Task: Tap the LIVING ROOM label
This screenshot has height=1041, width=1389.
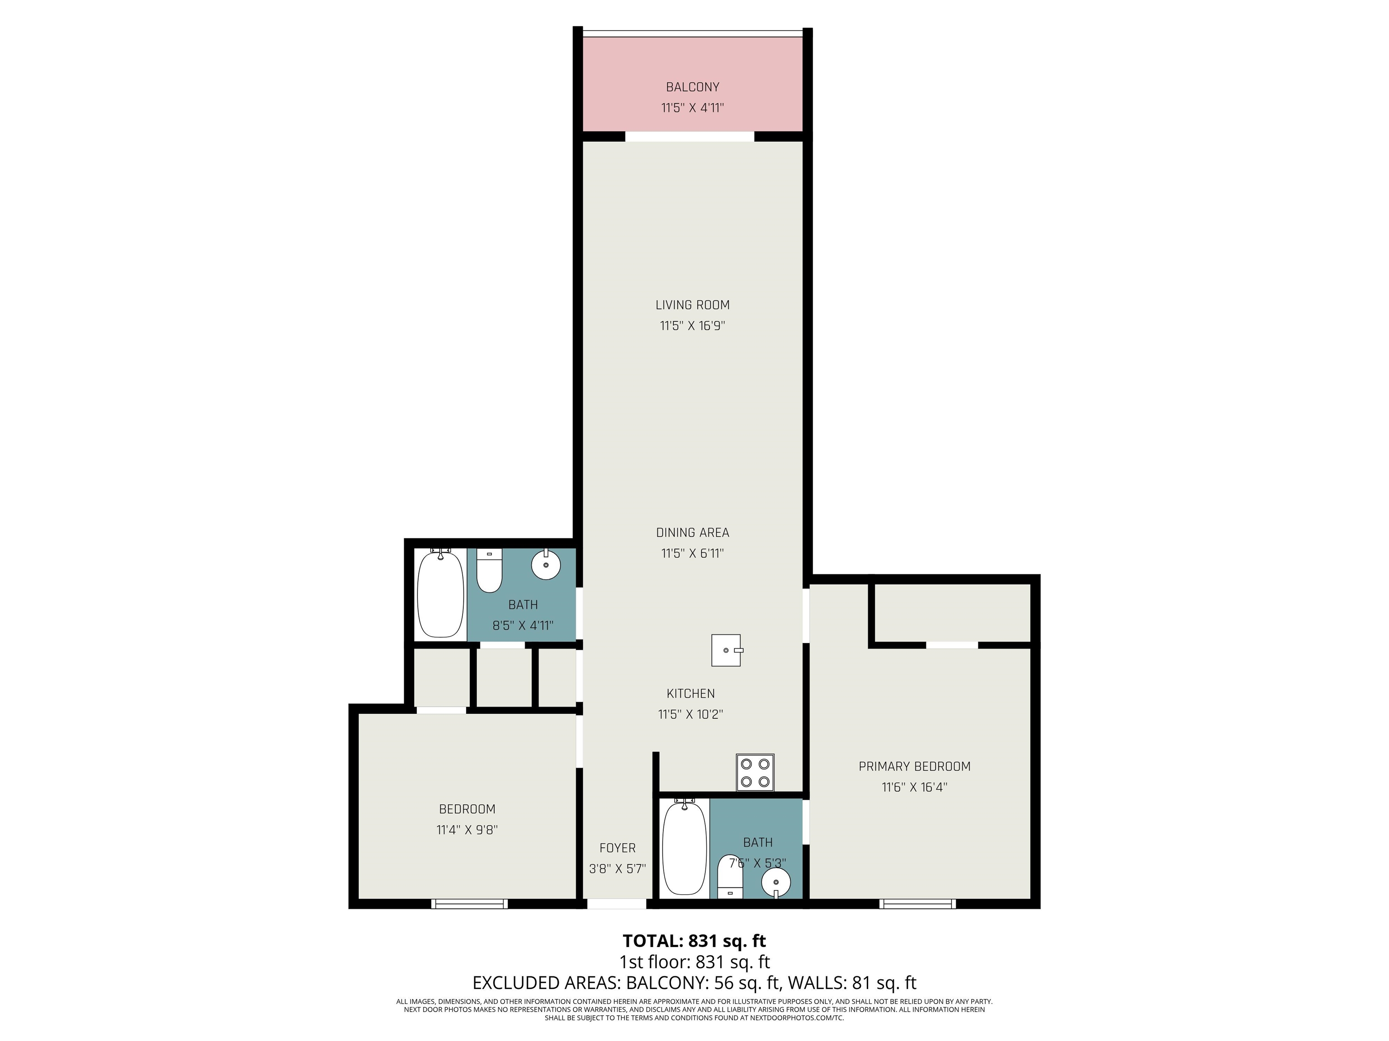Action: [x=693, y=305]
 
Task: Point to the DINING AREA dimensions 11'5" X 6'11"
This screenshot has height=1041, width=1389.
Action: [x=693, y=553]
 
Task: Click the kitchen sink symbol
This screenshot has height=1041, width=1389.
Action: [x=727, y=650]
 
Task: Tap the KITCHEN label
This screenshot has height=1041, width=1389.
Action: [x=691, y=694]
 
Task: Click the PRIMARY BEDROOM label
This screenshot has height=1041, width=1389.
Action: [x=914, y=766]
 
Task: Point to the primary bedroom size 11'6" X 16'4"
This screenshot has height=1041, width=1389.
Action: [x=914, y=787]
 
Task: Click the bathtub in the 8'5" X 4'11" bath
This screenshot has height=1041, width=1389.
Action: [x=441, y=593]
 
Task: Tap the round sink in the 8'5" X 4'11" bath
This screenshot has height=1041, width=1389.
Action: [x=546, y=564]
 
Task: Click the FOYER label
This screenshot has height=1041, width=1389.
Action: [x=617, y=848]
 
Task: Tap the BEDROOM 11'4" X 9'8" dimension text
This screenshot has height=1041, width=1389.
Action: [x=467, y=830]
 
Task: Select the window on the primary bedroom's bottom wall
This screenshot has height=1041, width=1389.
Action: [x=917, y=904]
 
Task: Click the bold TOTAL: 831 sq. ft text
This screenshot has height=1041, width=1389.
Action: [x=694, y=941]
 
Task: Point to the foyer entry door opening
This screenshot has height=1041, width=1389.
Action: [x=617, y=904]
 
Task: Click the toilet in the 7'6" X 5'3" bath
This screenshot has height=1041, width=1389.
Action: [x=730, y=876]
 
